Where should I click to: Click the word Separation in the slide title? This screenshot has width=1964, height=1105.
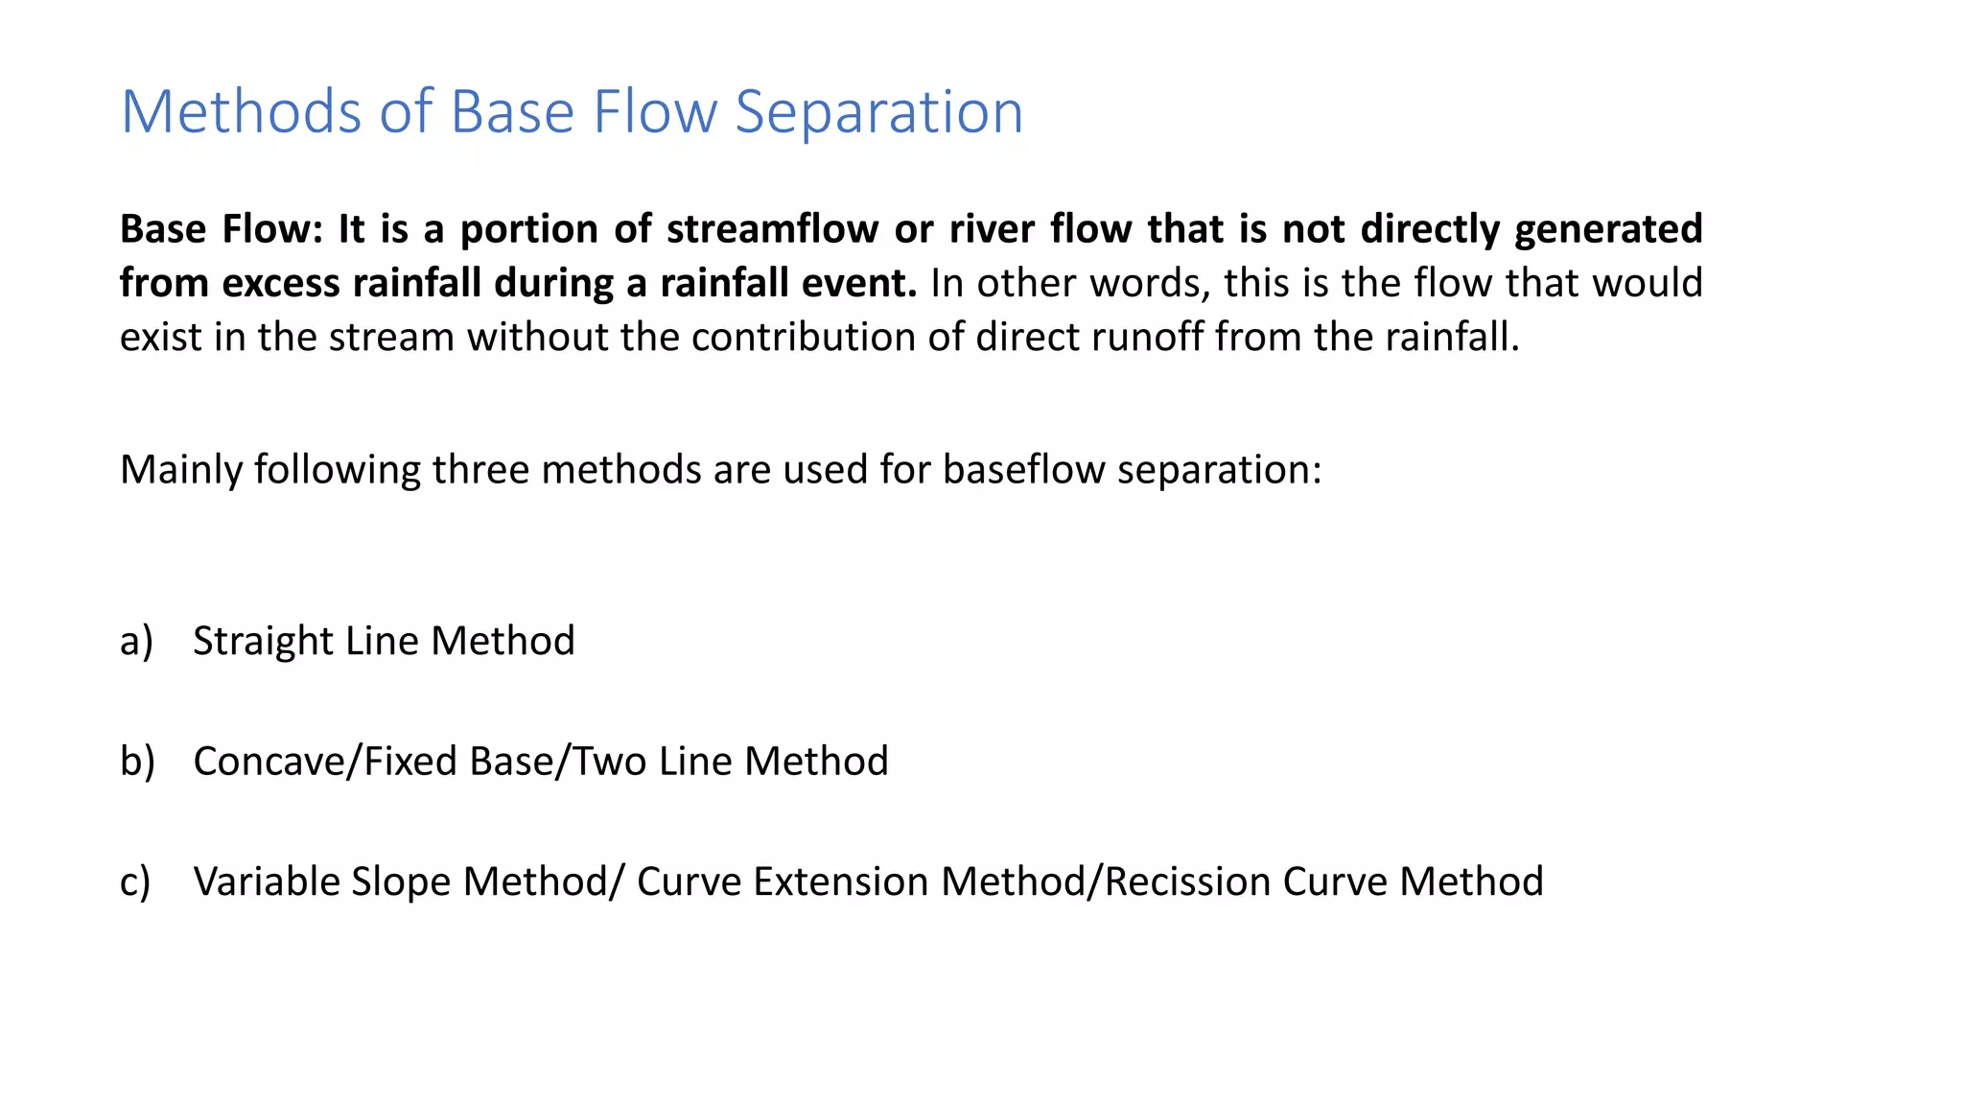878,112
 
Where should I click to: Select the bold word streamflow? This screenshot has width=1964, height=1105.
772,229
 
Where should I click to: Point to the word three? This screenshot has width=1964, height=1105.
479,470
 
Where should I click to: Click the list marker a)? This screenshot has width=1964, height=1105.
136,641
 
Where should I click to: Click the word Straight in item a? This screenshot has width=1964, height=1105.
262,641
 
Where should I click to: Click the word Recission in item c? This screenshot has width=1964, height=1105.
1187,882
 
